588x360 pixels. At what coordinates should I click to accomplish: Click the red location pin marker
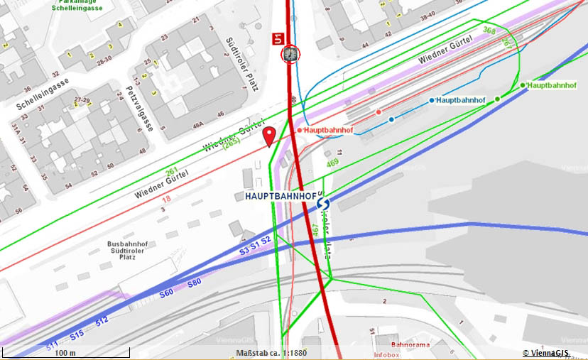(x=269, y=136)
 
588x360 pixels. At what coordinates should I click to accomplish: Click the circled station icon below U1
(x=290, y=54)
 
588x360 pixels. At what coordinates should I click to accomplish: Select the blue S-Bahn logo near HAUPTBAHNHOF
(x=323, y=204)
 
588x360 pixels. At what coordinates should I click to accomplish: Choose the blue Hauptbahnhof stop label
(x=460, y=100)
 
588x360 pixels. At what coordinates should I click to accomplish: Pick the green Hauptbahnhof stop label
(x=552, y=85)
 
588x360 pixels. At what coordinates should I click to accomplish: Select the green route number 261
(x=171, y=173)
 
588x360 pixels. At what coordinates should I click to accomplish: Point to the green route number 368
(x=489, y=31)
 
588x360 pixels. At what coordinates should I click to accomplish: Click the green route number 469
(x=332, y=163)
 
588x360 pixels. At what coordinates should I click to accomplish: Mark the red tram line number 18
(x=166, y=200)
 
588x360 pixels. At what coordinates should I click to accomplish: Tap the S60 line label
(x=167, y=292)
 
